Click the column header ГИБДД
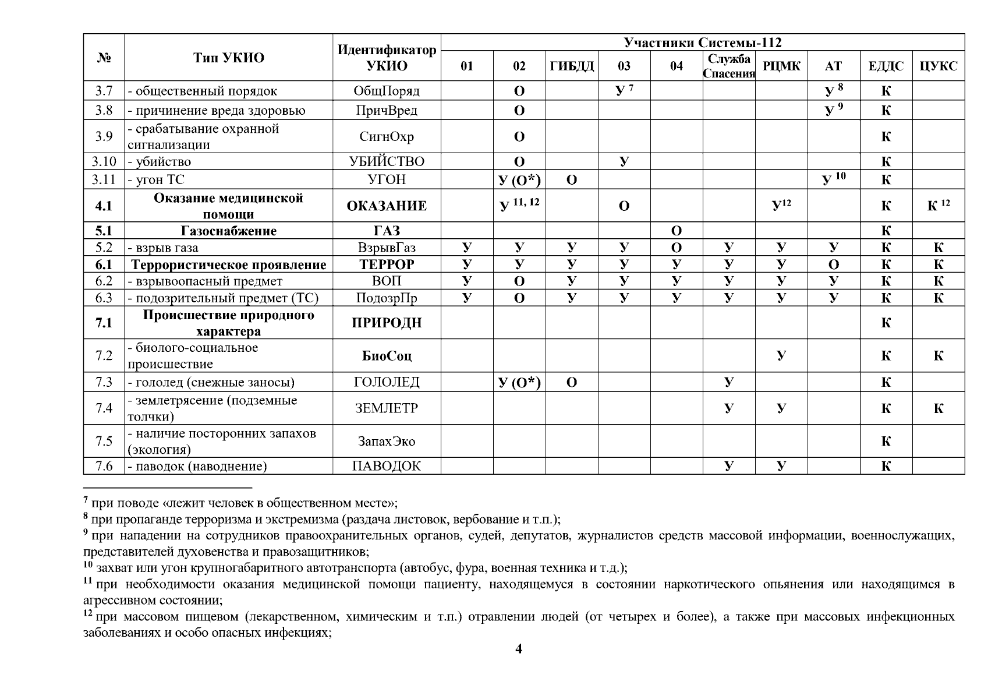[572, 66]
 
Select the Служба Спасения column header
[729, 66]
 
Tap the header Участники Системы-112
[703, 43]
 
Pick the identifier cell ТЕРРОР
[387, 264]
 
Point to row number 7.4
[104, 408]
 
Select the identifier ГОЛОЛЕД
[387, 382]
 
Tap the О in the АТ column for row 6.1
[833, 264]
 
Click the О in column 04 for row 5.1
[677, 231]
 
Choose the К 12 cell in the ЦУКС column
[938, 205]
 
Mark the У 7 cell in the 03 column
[624, 90]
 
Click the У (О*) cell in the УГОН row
[519, 179]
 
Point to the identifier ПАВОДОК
[387, 466]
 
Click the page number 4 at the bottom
[519, 649]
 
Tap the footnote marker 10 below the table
[88, 564]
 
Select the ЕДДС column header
[886, 66]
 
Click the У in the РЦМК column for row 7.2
[781, 355]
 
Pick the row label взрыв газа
[167, 248]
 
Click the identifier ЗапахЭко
[387, 441]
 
